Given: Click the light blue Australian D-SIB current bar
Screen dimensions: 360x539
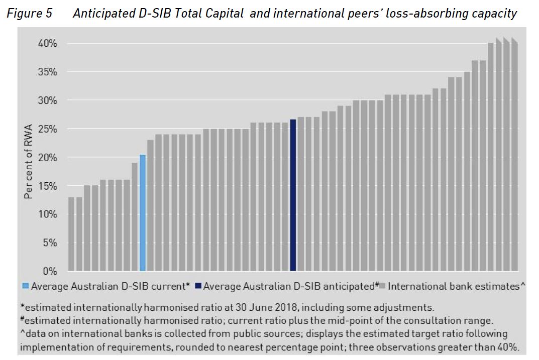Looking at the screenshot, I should (143, 213).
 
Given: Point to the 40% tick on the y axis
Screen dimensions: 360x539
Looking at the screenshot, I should (49, 44).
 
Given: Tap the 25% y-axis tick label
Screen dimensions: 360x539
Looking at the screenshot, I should (49, 129).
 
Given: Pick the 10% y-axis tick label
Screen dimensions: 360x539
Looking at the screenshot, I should (49, 214).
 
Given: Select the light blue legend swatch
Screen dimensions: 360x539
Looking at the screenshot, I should (26, 286).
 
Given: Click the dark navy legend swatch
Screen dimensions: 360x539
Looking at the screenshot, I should (198, 286).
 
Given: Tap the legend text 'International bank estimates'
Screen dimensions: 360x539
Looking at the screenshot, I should (454, 286).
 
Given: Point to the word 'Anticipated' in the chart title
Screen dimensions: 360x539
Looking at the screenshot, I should (105, 14).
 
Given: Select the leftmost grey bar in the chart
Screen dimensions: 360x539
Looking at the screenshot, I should (71, 234).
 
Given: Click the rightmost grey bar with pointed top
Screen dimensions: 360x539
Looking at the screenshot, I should (514, 156).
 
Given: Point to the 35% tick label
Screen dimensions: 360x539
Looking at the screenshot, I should (49, 72).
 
